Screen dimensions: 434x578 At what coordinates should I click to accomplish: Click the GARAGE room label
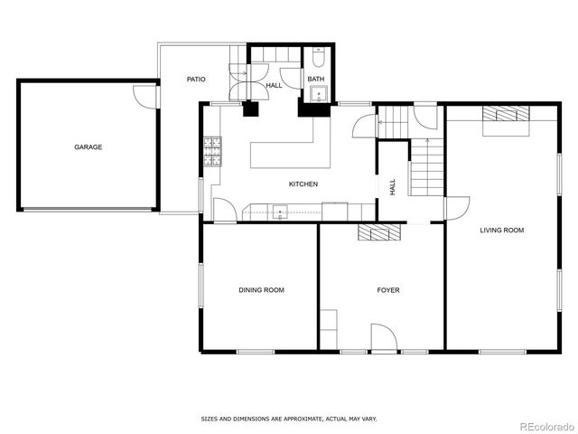pyautogui.click(x=88, y=146)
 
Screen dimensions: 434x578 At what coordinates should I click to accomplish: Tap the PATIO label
pyautogui.click(x=196, y=80)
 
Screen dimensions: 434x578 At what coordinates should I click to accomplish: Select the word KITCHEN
pyautogui.click(x=303, y=184)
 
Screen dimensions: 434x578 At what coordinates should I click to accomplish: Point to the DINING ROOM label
pyautogui.click(x=261, y=290)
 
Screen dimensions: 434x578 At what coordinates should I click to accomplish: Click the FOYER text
pyautogui.click(x=387, y=290)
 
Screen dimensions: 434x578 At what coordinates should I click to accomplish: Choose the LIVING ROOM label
pyautogui.click(x=501, y=231)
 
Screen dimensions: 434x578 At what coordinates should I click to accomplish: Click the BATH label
pyautogui.click(x=315, y=80)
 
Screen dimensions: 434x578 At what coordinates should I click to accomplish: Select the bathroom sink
pyautogui.click(x=316, y=98)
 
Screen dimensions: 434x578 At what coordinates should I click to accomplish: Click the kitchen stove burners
pyautogui.click(x=213, y=152)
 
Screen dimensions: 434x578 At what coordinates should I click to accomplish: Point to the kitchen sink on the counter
pyautogui.click(x=280, y=213)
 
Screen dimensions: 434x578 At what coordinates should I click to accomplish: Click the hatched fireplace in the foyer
pyautogui.click(x=379, y=233)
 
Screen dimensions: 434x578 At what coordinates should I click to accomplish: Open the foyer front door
pyautogui.click(x=383, y=338)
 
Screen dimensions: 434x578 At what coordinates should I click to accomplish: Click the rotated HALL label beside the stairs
pyautogui.click(x=392, y=187)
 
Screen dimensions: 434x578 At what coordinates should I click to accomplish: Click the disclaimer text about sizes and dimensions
pyautogui.click(x=288, y=419)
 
